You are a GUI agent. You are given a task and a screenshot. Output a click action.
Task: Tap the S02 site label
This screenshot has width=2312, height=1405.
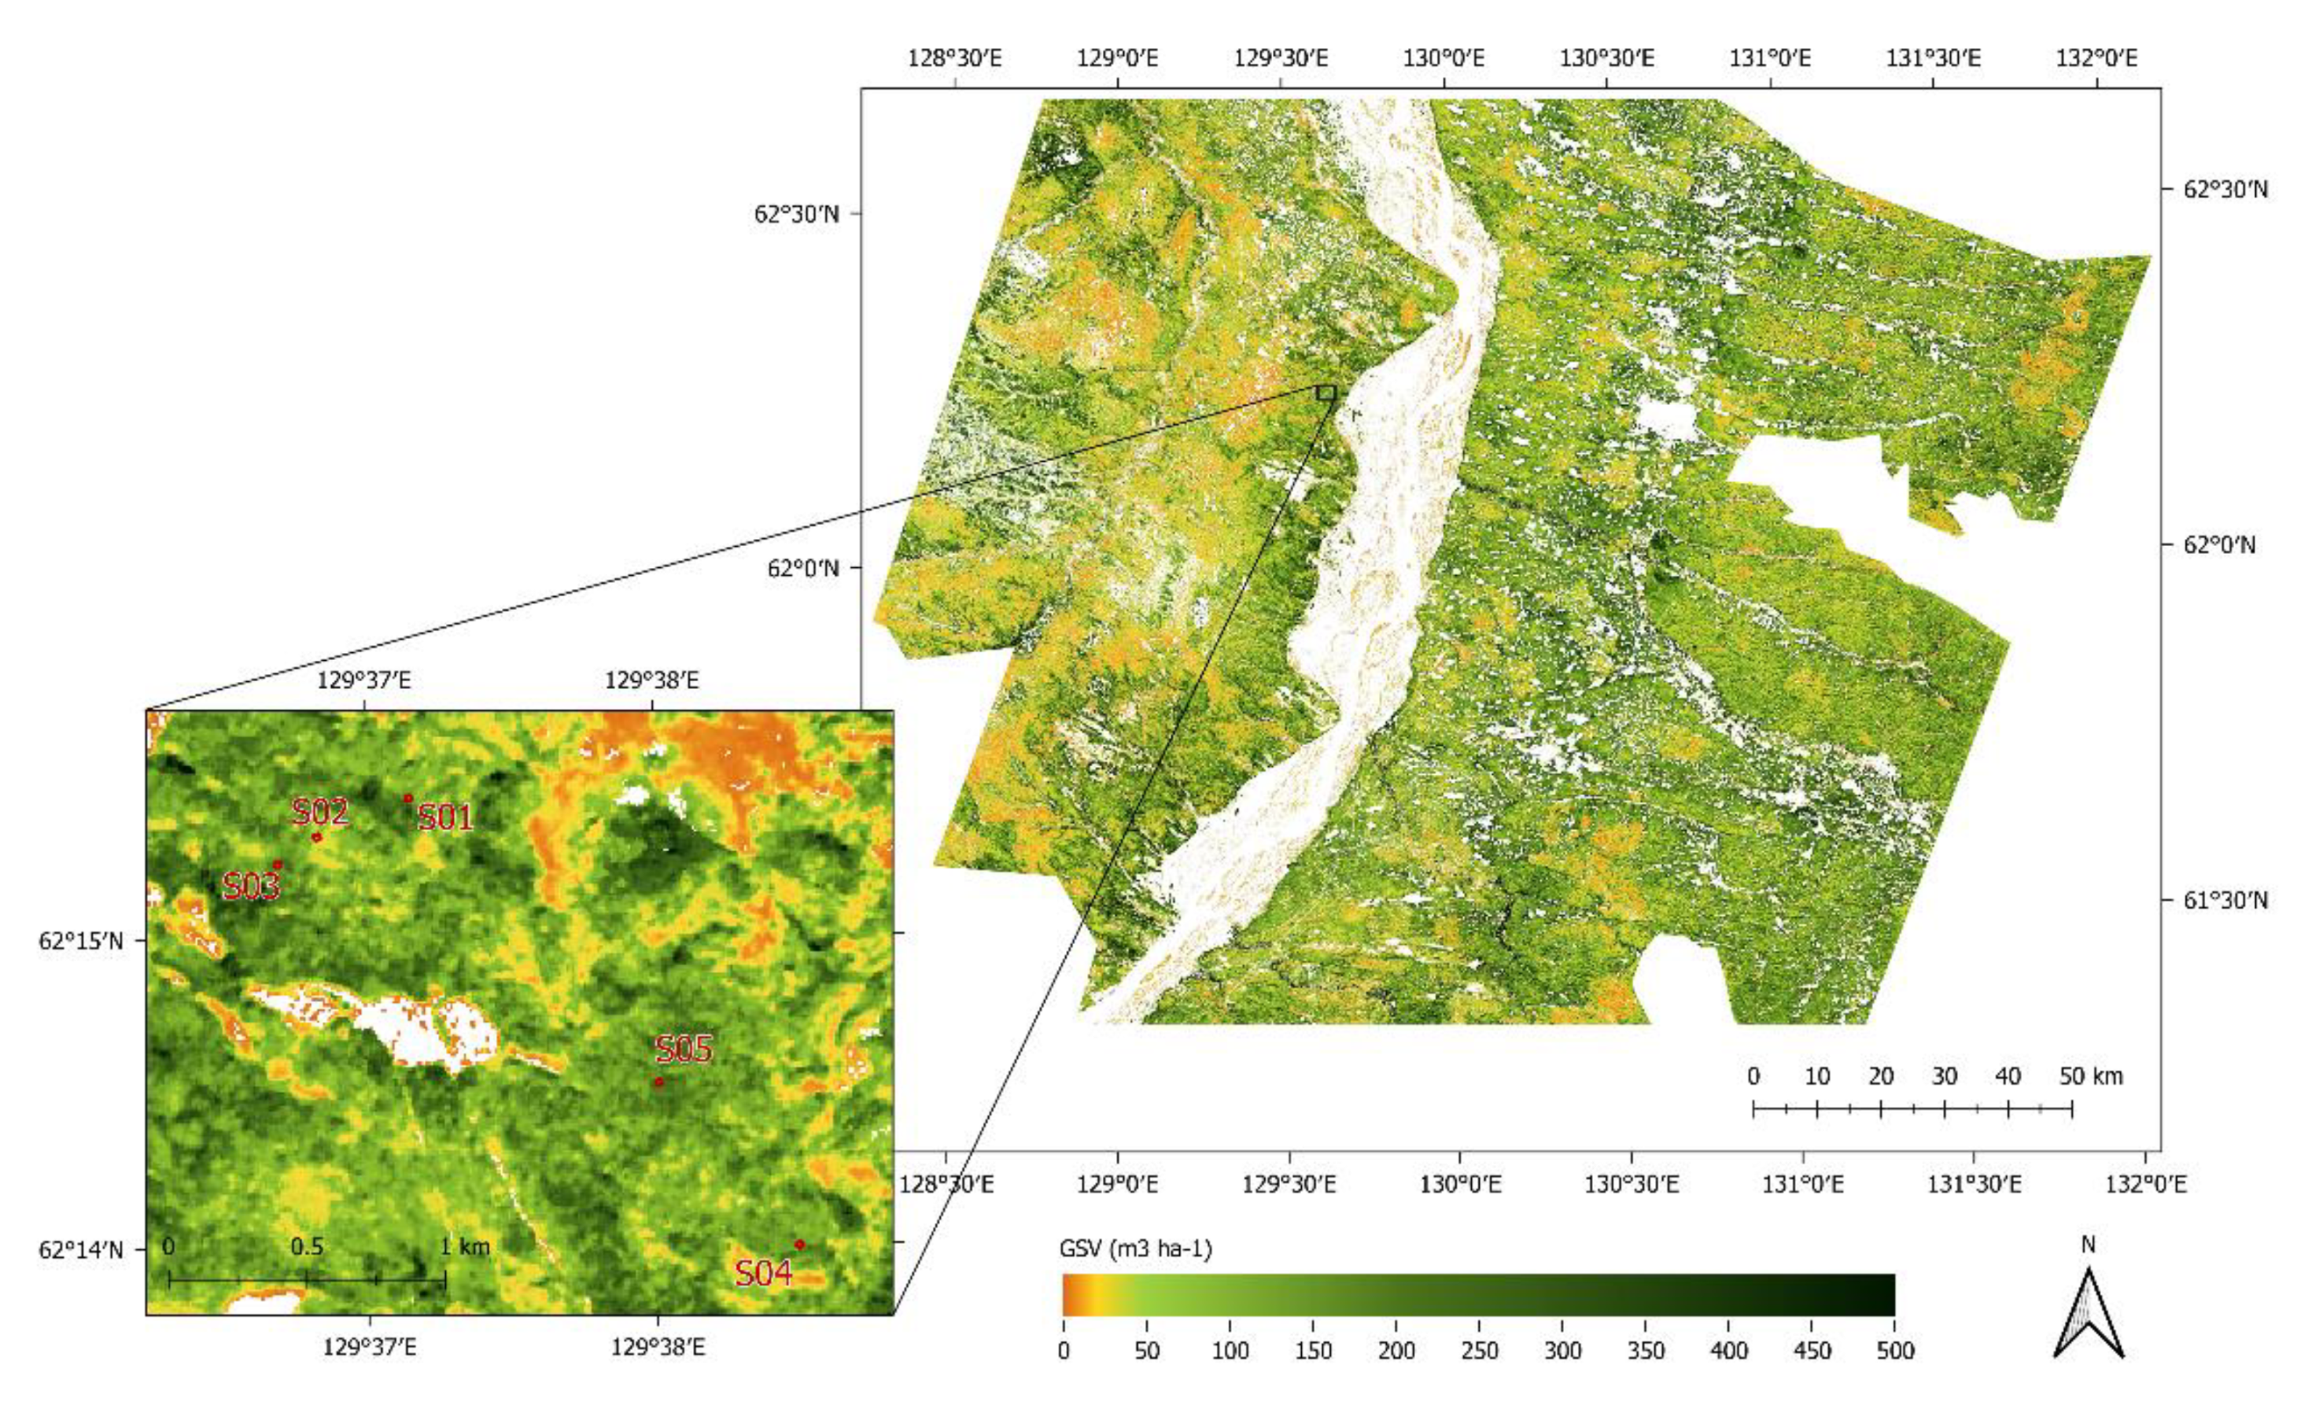pyautogui.click(x=320, y=812)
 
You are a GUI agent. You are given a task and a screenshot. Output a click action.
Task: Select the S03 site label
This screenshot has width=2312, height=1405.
pyautogui.click(x=250, y=886)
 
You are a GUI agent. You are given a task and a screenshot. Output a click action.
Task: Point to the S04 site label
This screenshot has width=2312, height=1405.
pyautogui.click(x=764, y=1274)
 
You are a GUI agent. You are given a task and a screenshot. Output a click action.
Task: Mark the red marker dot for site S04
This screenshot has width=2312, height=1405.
pyautogui.click(x=799, y=1245)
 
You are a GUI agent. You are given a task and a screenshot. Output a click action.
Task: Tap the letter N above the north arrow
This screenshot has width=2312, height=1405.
pyautogui.click(x=2088, y=1245)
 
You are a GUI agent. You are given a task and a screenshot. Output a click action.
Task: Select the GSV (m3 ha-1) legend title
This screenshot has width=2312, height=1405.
pyautogui.click(x=1135, y=1249)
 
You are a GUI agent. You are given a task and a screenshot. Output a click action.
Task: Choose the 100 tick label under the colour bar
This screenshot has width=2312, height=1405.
pyautogui.click(x=1230, y=1351)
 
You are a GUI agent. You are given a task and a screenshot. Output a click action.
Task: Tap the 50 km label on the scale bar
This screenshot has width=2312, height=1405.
pyautogui.click(x=2091, y=1076)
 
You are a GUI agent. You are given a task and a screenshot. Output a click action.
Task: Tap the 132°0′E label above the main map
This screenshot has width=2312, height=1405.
pyautogui.click(x=2096, y=58)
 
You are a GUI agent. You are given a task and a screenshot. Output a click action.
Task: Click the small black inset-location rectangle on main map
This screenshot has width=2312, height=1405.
pyautogui.click(x=1326, y=393)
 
